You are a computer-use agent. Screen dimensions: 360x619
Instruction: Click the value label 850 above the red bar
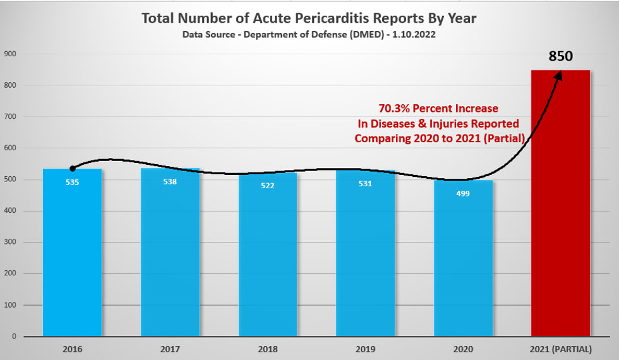tap(560, 56)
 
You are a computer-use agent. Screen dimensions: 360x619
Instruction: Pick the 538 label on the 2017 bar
tap(170, 182)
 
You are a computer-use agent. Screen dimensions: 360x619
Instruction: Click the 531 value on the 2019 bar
tap(365, 184)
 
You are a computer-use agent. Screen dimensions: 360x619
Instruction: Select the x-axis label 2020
tap(463, 348)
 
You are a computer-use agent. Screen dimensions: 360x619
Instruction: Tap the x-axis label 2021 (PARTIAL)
tap(560, 348)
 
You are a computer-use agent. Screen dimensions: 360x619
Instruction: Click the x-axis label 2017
tap(170, 348)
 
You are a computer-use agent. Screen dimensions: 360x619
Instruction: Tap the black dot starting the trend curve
tap(73, 169)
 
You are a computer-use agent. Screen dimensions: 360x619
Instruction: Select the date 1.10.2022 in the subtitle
tap(414, 35)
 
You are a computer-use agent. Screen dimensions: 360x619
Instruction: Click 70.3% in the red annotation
tap(395, 109)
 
